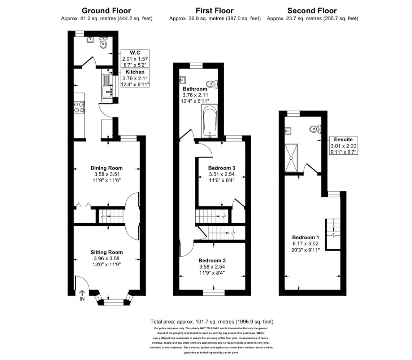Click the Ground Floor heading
(107, 11)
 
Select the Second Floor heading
(312, 11)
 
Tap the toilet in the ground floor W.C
(103, 43)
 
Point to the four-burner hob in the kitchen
(79, 107)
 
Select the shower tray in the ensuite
(292, 158)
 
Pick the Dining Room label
(107, 168)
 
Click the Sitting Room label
(107, 252)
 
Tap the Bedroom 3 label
(222, 168)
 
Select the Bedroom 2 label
(212, 260)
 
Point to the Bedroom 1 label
(305, 237)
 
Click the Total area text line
(212, 321)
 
